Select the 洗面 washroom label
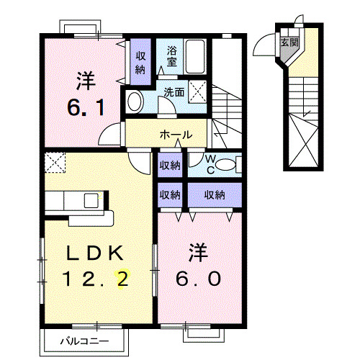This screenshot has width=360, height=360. [174, 92]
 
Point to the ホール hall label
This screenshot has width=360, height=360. [175, 134]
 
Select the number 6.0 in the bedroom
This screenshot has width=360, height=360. [194, 278]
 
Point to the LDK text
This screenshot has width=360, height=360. [96, 253]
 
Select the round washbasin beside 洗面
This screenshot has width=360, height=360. [135, 102]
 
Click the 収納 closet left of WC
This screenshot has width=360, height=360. [170, 165]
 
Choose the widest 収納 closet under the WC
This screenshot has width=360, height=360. [214, 194]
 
